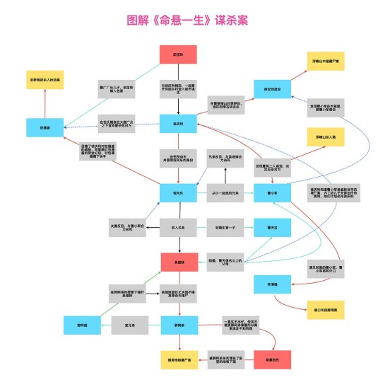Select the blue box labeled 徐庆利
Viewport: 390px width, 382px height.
tap(178, 124)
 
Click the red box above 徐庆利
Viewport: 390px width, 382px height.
tap(178, 54)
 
